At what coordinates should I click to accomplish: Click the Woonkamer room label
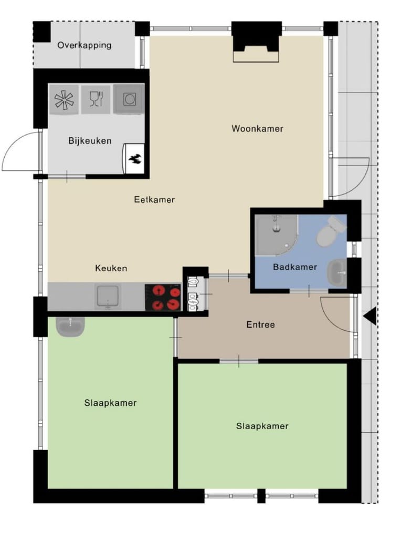[x=257, y=128]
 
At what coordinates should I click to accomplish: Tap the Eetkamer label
[x=154, y=199]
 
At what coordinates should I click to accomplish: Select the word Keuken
[x=111, y=268]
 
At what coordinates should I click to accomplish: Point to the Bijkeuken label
[x=90, y=140]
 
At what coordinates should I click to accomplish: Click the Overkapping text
[x=85, y=45]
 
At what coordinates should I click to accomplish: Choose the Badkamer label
[x=294, y=267]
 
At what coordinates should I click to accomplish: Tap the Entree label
[x=260, y=324]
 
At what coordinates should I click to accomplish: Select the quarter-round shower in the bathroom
[x=277, y=235]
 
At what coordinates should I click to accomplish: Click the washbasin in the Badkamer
[x=337, y=273]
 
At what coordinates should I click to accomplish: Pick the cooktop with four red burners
[x=163, y=297]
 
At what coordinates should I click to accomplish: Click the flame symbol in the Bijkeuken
[x=134, y=159]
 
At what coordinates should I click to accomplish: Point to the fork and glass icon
[x=96, y=99]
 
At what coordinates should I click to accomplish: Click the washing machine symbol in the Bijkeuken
[x=129, y=99]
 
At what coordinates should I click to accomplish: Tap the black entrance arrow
[x=370, y=316]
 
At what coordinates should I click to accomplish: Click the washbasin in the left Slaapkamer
[x=70, y=326]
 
